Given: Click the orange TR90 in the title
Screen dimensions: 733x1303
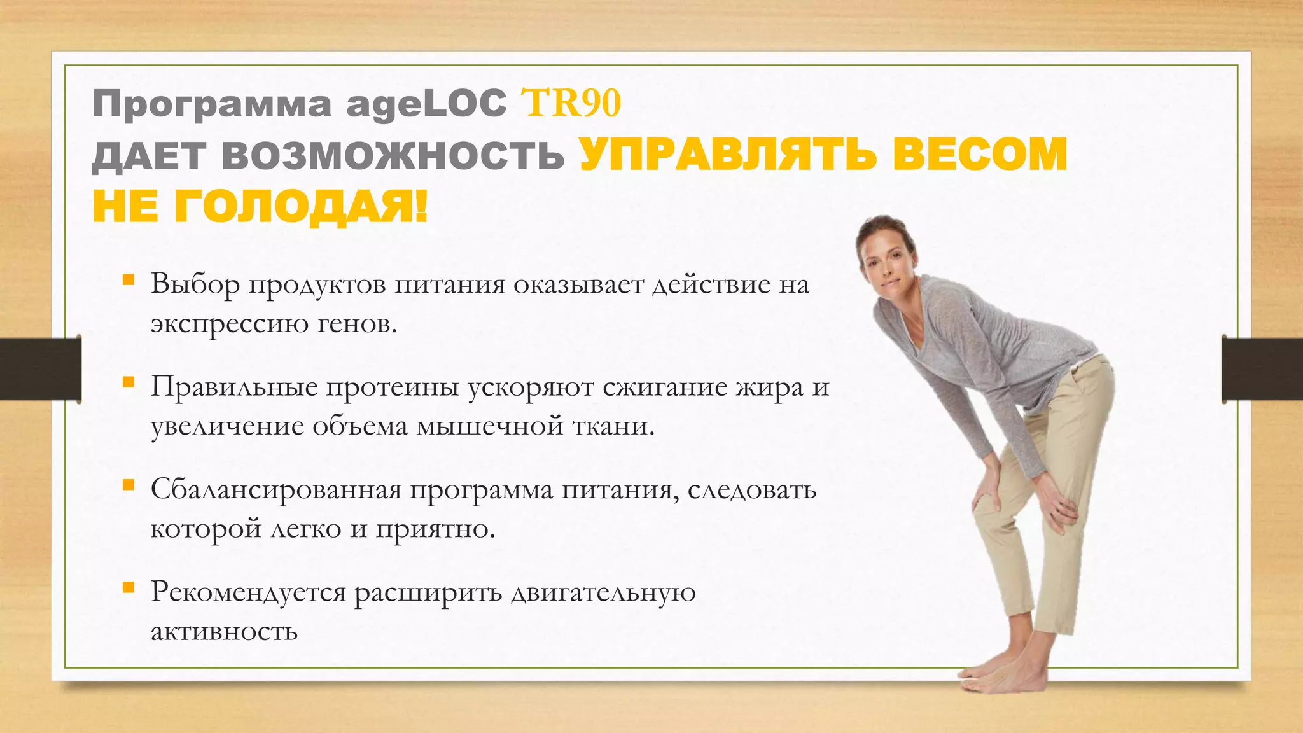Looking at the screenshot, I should click(x=570, y=103).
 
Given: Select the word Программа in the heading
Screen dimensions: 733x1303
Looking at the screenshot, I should click(x=212, y=104).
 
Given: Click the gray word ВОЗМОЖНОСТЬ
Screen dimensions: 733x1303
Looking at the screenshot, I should click(x=393, y=155).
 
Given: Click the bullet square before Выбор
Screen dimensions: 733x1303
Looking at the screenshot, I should click(x=129, y=279).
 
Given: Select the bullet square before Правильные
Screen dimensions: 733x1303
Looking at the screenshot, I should click(x=129, y=382).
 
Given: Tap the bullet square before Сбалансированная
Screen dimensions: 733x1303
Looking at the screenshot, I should click(x=129, y=485).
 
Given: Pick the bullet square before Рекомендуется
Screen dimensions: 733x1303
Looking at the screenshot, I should click(x=129, y=588).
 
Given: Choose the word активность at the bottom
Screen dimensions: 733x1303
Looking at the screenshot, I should click(x=224, y=631).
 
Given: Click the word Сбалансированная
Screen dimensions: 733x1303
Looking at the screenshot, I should click(x=276, y=490).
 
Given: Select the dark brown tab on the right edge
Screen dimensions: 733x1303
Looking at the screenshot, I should click(x=1262, y=369).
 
